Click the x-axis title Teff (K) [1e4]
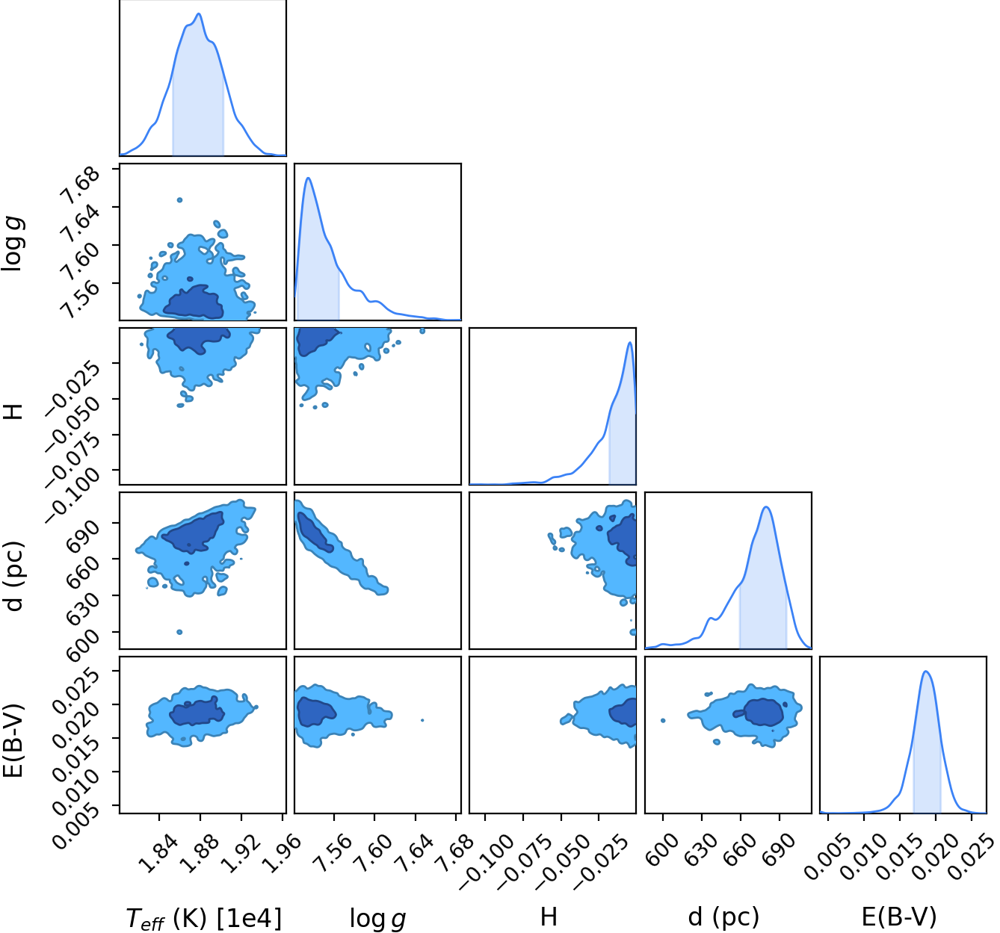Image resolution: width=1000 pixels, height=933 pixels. (x=203, y=918)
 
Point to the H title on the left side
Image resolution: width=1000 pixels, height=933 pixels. (x=13, y=412)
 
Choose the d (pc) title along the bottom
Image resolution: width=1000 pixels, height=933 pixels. (x=723, y=917)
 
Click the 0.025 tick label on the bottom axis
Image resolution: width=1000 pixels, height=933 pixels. (x=972, y=858)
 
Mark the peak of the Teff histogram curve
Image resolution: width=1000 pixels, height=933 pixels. (x=199, y=13)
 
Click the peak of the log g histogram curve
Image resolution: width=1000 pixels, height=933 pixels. (x=308, y=178)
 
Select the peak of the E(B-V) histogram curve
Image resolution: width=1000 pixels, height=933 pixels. (x=925, y=671)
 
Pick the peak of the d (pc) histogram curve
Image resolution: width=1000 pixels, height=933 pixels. (x=766, y=506)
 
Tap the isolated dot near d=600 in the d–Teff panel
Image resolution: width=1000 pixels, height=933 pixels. (x=179, y=632)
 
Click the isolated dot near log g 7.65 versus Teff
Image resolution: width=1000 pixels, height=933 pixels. (x=179, y=200)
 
